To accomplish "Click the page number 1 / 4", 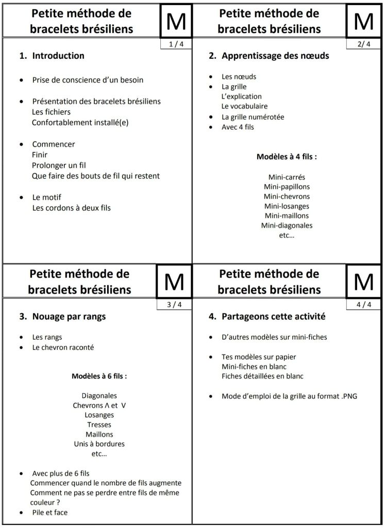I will (175, 44).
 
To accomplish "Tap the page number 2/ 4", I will (363, 44).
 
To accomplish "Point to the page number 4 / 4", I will (363, 305).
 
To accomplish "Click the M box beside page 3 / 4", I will (174, 281).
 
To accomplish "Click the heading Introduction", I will (58, 56).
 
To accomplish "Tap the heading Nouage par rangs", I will (69, 316).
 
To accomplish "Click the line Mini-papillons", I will (287, 187).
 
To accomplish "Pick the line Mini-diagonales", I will (287, 226).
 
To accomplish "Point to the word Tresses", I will (99, 425).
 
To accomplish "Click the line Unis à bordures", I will (99, 444).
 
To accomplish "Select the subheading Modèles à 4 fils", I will (287, 156).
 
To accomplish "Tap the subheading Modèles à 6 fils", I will (99, 376).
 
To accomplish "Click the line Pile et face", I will (49, 513).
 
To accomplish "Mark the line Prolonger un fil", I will (58, 165).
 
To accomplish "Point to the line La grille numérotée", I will (253, 117).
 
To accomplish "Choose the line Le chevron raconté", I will (63, 347).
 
